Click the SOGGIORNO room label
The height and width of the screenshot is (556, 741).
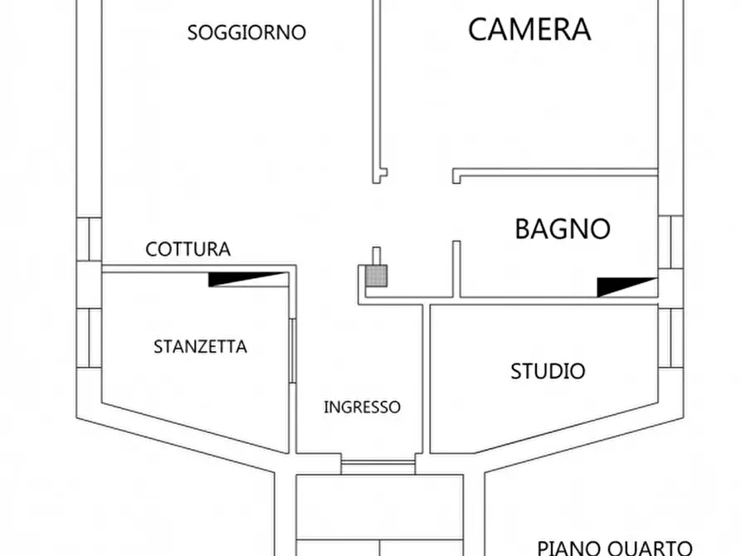[246, 33]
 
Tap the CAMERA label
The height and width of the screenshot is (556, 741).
[529, 29]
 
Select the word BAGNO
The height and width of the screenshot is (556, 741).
[563, 228]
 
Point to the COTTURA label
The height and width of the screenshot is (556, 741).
[188, 249]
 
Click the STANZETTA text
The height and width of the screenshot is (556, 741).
[200, 347]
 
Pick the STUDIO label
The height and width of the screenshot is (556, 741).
[547, 371]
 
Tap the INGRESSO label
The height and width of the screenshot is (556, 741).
[362, 407]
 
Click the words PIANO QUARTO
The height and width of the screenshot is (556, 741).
[614, 547]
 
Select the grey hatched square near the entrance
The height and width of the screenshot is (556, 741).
[376, 276]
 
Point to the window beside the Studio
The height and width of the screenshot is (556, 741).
[670, 338]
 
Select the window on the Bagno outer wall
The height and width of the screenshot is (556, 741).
[670, 241]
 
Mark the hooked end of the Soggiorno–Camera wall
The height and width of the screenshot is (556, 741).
[379, 174]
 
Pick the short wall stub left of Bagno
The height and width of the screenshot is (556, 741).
[456, 267]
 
